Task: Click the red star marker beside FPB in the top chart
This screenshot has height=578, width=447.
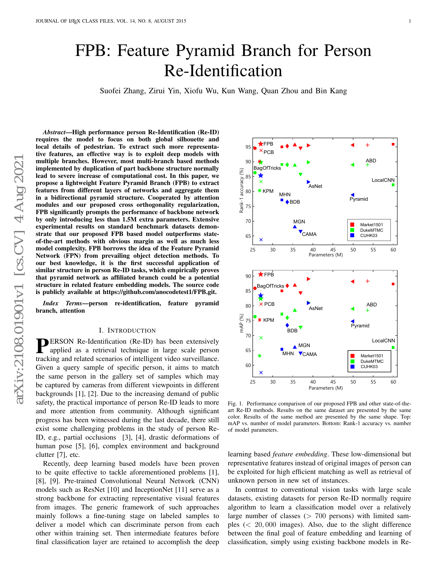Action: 261,144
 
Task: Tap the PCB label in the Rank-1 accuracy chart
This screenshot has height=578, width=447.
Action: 268,152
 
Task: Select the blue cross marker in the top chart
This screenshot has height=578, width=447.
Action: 261,240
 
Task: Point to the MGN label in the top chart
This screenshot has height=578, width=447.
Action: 299,221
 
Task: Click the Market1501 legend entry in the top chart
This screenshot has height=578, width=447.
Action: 371,225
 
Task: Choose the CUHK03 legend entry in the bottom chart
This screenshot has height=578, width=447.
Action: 369,367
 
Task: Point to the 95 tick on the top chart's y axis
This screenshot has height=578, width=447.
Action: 248,147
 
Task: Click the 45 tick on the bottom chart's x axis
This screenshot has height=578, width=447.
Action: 333,382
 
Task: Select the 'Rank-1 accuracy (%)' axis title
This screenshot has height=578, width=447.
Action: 241,190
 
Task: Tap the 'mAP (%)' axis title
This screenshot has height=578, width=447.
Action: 241,323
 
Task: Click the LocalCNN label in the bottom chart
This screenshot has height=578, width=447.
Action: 383,340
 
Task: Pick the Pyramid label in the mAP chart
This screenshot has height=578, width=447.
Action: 360,326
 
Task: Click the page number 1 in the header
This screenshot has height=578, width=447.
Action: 410,21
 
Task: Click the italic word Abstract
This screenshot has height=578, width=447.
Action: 54,132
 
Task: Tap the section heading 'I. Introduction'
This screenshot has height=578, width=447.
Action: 127,331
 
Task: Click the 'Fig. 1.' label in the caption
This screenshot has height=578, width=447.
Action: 235,404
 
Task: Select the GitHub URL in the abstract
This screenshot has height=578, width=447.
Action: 160,292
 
